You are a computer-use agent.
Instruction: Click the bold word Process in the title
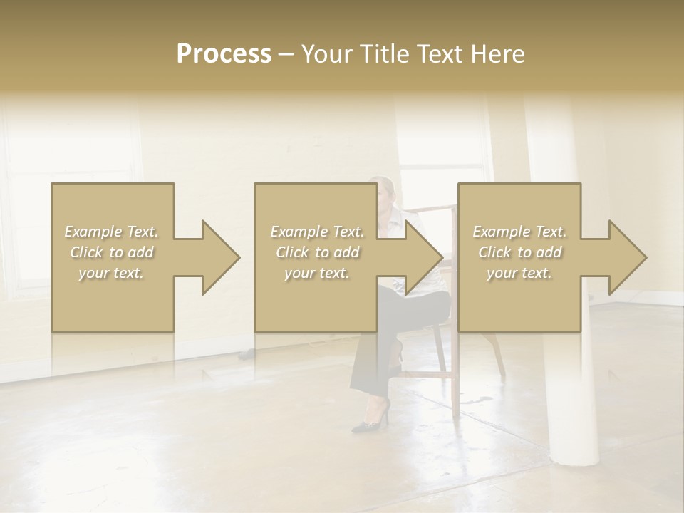224,54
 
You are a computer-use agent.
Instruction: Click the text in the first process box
112,252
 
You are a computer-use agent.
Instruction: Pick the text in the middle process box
316,252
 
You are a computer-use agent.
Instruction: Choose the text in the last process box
519,252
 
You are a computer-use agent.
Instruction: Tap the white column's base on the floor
574,456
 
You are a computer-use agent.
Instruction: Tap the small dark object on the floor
247,353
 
